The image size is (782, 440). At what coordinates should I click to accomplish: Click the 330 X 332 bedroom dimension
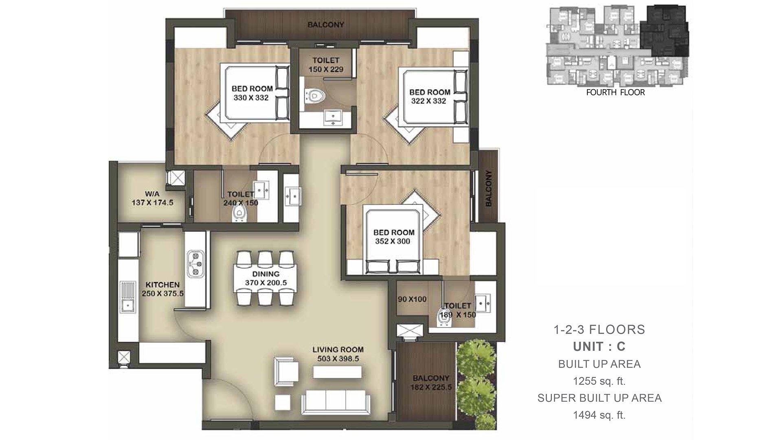pos(251,98)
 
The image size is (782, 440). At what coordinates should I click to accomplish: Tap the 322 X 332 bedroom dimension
pos(428,101)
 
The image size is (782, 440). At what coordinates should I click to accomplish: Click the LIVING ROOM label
pos(338,350)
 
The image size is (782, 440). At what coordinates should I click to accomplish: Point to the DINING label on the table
pos(266,274)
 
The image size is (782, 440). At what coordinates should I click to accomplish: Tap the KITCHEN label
pos(163,285)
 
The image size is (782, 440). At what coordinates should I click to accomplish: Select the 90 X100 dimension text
pos(412,299)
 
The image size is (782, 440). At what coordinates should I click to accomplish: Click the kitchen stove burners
pos(194,262)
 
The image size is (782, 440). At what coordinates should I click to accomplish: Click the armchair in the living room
pos(286,371)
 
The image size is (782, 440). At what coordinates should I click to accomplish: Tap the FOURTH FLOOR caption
pos(615,92)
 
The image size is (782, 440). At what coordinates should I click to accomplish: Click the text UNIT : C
pos(599,347)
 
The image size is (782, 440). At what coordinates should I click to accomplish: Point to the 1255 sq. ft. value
pos(599,381)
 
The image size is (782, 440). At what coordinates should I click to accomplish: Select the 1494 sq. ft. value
pos(599,415)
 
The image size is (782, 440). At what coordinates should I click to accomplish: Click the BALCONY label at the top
pos(326,24)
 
